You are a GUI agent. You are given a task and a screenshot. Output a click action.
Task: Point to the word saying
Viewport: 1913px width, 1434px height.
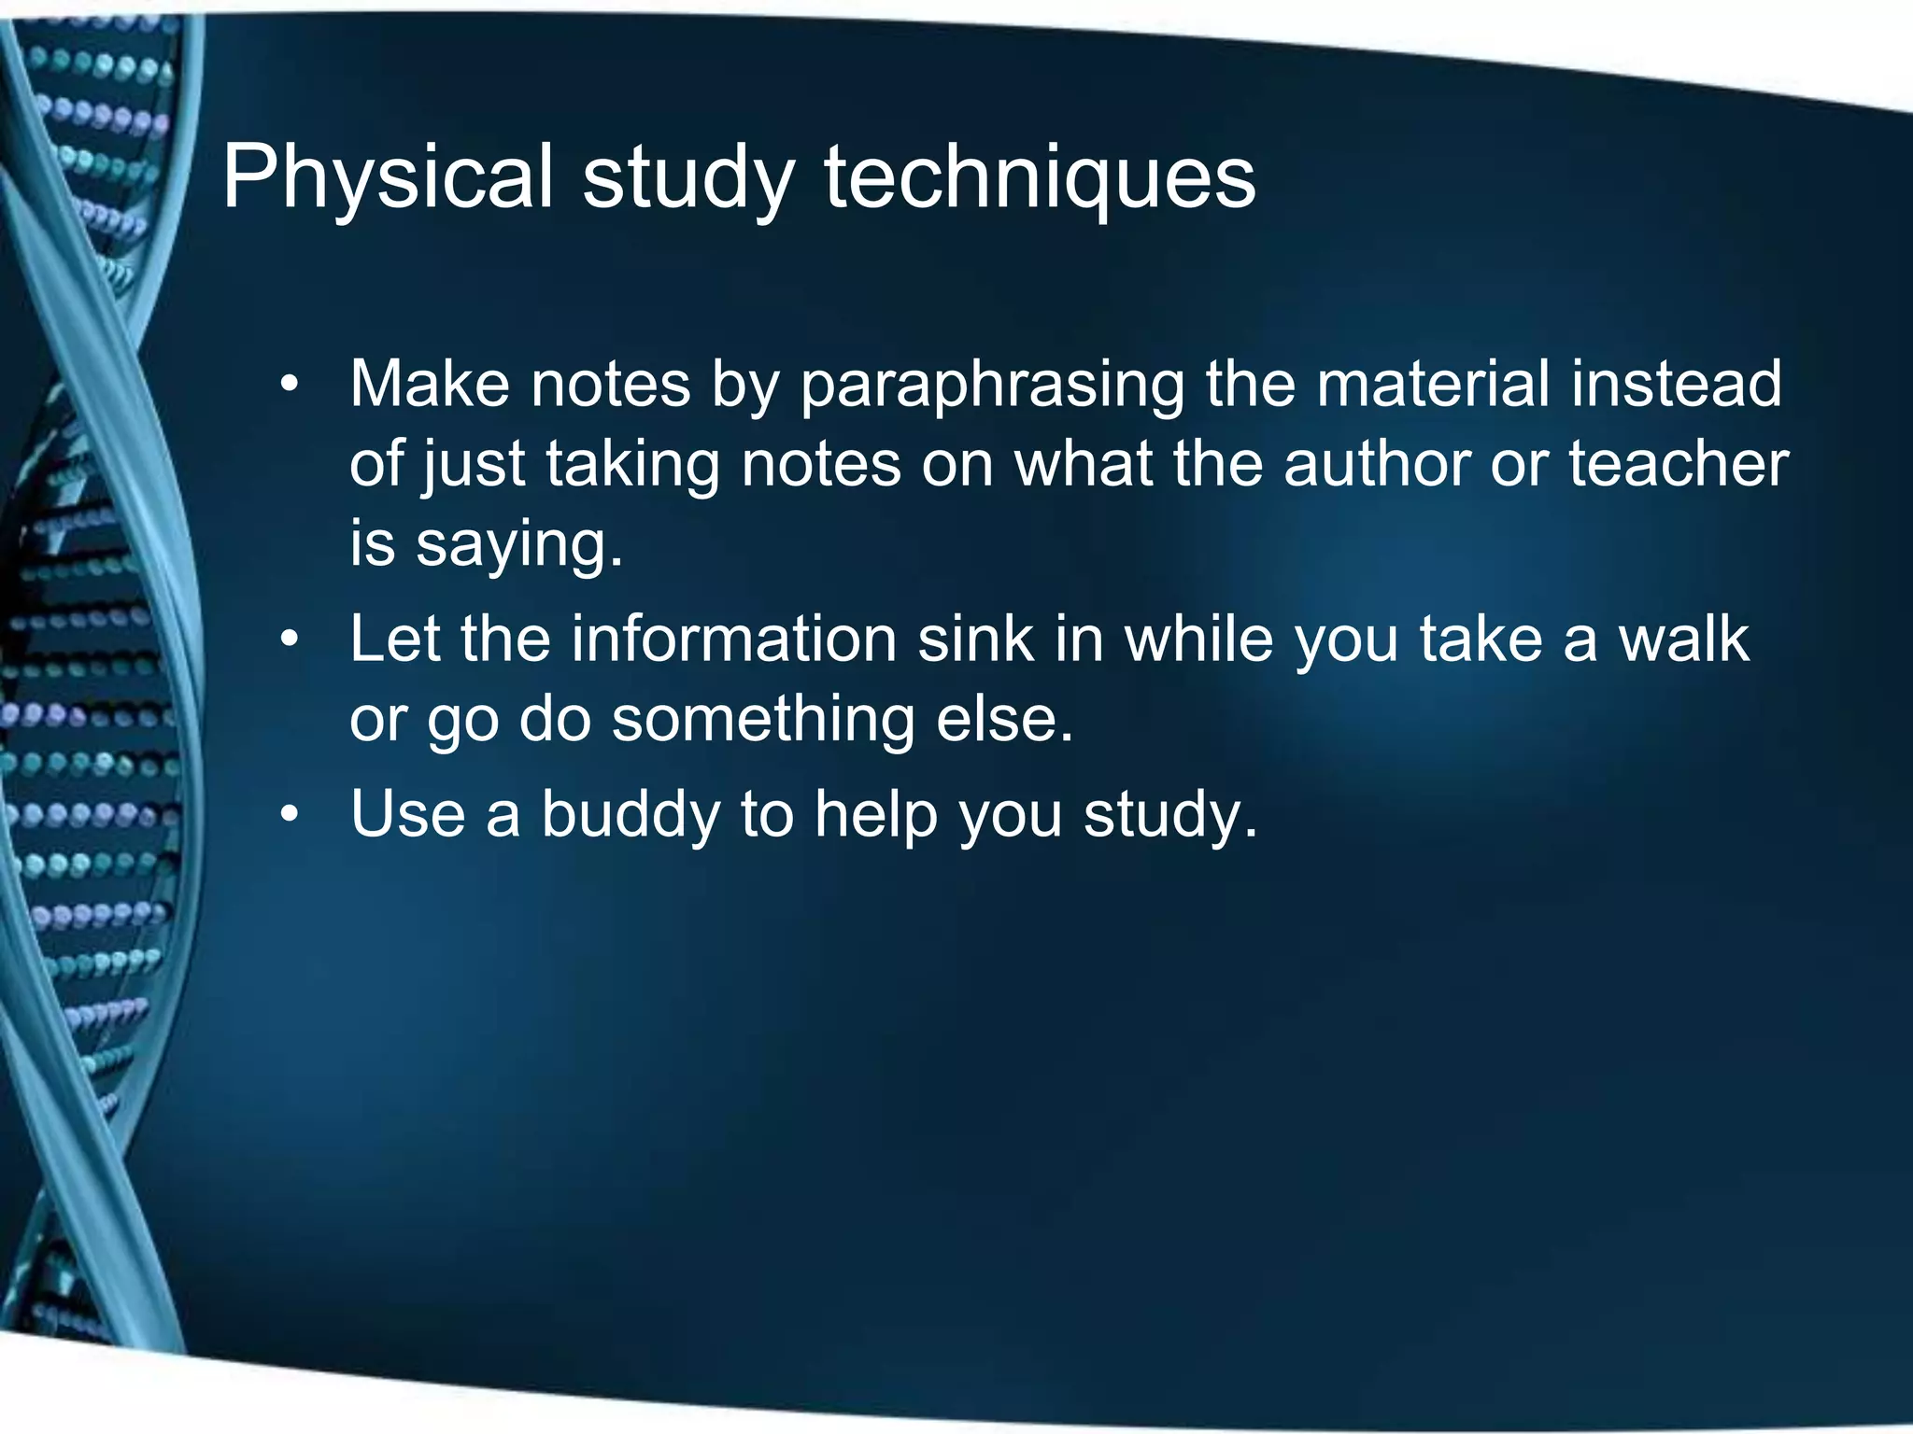(517, 545)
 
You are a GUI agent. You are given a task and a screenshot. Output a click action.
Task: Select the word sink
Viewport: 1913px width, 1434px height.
(975, 640)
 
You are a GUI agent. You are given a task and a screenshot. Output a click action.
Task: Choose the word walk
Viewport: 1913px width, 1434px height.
(1683, 640)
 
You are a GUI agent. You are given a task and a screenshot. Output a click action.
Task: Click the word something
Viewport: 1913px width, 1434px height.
(763, 719)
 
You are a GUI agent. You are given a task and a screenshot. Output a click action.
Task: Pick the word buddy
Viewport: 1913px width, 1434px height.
(631, 814)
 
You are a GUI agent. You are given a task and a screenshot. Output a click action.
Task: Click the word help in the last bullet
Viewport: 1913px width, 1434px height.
(875, 814)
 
